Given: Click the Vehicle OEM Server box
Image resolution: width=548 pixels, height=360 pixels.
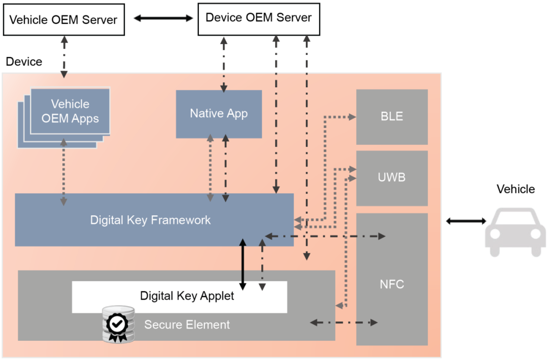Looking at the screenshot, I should [63, 20].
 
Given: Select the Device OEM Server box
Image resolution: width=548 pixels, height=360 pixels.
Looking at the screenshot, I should [258, 18].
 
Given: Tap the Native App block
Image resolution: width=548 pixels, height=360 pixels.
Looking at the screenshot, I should [219, 114].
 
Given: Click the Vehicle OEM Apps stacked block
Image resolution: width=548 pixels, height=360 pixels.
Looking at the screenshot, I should [70, 112].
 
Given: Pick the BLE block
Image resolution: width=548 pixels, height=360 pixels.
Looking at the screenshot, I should [392, 116].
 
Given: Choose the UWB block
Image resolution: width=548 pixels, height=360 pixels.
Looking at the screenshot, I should [392, 178].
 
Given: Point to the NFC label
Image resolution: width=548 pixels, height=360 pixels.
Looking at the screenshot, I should [392, 284].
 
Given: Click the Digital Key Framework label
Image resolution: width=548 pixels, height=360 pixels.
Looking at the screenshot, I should [150, 220].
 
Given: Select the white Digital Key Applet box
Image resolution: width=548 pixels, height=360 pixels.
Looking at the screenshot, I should [180, 297].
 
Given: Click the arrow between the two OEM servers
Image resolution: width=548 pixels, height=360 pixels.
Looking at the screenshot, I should [163, 19].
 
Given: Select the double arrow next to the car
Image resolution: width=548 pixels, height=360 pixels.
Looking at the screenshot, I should [465, 221].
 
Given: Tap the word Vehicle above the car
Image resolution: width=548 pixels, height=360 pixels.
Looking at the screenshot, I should [516, 189].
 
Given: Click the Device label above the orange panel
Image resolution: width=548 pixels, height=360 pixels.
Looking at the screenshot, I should [24, 62].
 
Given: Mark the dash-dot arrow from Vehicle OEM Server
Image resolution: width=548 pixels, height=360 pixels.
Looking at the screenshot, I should [64, 56].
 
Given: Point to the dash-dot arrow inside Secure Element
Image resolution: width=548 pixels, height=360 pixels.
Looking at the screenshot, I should [344, 322].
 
